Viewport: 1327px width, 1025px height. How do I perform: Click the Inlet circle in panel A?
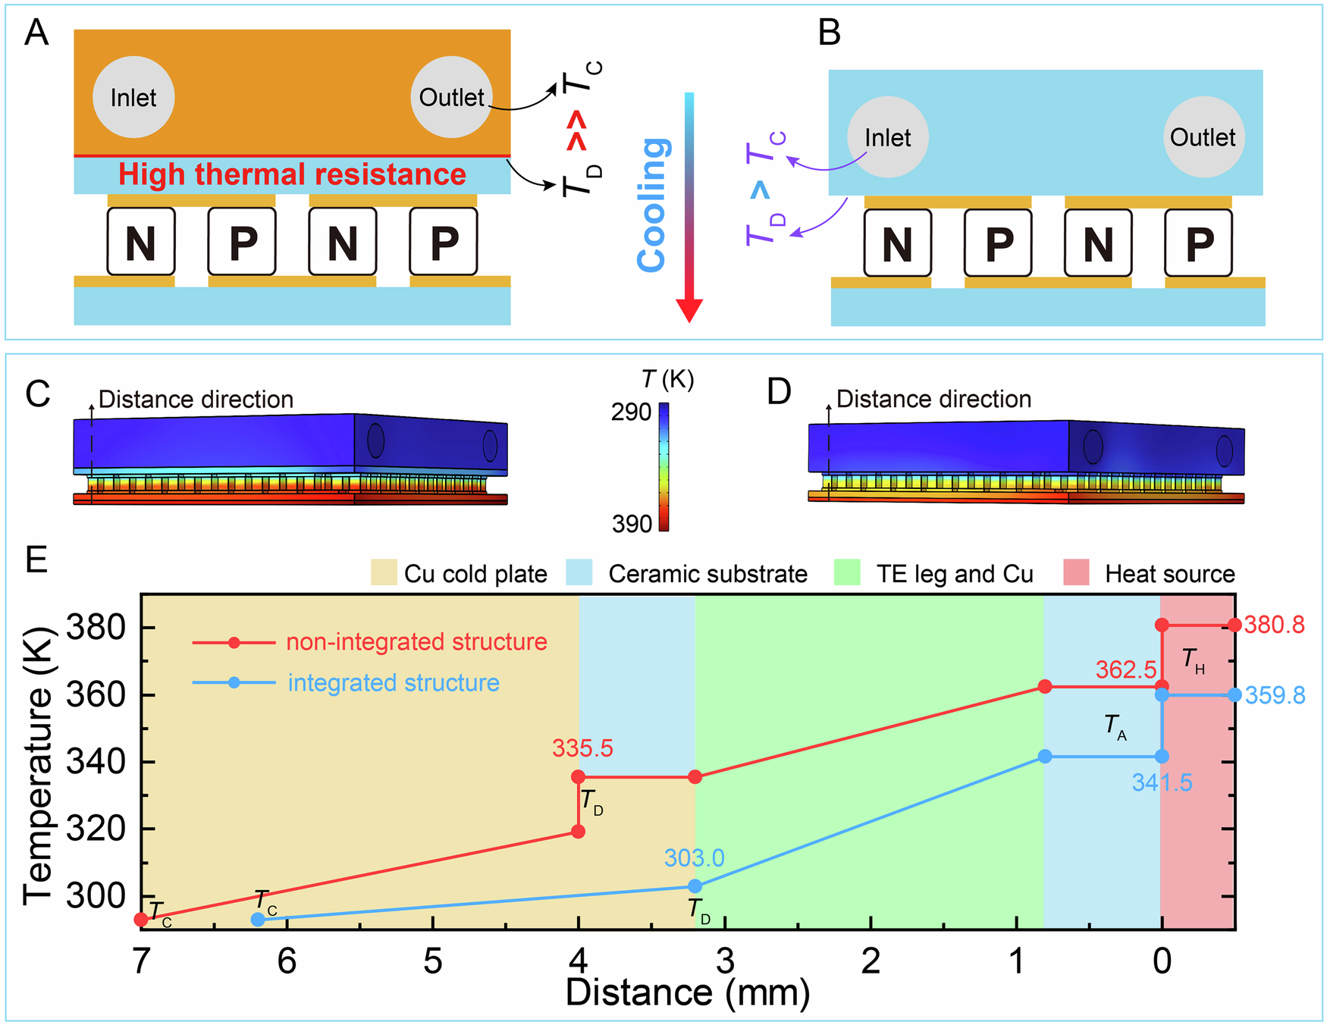point(133,97)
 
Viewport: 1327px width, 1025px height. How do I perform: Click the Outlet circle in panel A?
point(451,97)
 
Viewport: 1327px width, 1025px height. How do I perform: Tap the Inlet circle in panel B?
point(887,137)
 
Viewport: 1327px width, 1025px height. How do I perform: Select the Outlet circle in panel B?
point(1203,137)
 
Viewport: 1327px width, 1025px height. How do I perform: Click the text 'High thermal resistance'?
point(292,174)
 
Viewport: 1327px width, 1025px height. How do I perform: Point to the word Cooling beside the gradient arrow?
point(652,205)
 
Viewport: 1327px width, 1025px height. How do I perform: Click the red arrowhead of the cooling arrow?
point(689,309)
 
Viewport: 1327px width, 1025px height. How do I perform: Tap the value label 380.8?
point(1274,625)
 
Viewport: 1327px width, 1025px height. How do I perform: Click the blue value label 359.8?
point(1275,695)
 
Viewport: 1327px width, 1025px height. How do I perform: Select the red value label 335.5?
point(582,748)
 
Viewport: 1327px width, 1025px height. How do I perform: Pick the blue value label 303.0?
point(694,858)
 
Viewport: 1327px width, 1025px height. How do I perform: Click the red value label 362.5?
point(1126,669)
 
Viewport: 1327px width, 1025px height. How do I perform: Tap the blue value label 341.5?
point(1162,782)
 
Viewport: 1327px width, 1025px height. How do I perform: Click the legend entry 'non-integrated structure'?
point(416,642)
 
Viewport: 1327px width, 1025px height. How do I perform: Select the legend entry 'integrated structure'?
point(394,683)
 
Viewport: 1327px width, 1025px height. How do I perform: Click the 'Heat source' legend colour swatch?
point(1076,573)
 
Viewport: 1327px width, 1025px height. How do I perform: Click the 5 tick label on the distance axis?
point(432,961)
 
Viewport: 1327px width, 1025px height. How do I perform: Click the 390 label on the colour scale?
point(632,524)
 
